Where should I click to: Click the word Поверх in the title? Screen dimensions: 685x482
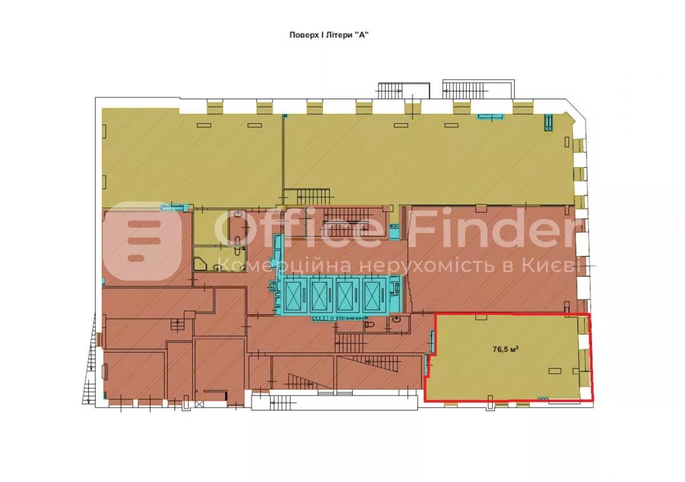[x=304, y=35]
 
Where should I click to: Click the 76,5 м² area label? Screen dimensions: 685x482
[x=505, y=349]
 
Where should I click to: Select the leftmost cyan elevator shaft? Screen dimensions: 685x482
[x=293, y=295]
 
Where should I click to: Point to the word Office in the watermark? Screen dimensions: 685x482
[x=298, y=228]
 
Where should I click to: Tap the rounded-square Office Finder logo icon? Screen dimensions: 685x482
[x=142, y=241]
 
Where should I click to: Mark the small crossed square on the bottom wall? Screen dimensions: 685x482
[x=199, y=404]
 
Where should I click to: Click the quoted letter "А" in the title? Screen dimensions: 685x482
[x=362, y=35]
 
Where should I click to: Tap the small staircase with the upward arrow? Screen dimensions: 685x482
[x=178, y=325]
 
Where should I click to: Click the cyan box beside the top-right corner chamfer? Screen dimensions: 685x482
[x=549, y=123]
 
